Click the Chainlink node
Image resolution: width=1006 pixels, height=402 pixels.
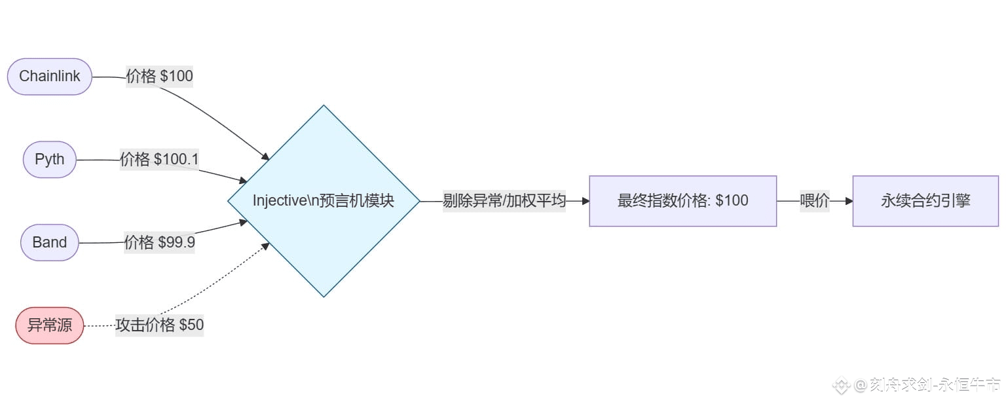click(x=49, y=77)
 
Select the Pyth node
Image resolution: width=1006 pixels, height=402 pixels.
click(x=50, y=160)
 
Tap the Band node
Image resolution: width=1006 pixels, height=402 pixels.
click(x=50, y=242)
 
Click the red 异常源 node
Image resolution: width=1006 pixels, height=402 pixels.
click(x=50, y=325)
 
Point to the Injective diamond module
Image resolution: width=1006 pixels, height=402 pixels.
click(x=324, y=200)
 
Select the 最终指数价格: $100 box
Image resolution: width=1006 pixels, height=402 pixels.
click(x=682, y=201)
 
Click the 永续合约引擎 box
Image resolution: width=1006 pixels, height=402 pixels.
click(x=925, y=201)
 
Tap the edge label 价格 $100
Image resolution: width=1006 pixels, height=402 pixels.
click(x=159, y=77)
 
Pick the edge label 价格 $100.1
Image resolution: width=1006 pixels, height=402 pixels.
click(x=159, y=160)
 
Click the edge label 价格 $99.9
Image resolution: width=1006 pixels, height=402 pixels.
click(x=159, y=243)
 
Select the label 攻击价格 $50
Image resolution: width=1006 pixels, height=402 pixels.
click(x=159, y=325)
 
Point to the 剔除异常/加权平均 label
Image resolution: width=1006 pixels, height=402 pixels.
click(x=504, y=201)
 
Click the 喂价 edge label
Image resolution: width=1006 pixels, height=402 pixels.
click(x=814, y=201)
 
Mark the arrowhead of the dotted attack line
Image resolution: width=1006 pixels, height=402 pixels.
click(x=265, y=246)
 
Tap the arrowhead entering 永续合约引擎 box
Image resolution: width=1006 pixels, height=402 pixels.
click(x=849, y=201)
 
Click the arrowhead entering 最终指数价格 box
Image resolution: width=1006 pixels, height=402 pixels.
click(x=586, y=201)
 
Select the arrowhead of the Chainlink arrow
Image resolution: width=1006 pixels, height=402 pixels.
click(x=265, y=157)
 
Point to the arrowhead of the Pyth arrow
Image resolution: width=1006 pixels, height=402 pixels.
click(x=244, y=180)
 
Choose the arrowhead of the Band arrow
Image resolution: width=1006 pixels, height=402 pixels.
click(x=244, y=222)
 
